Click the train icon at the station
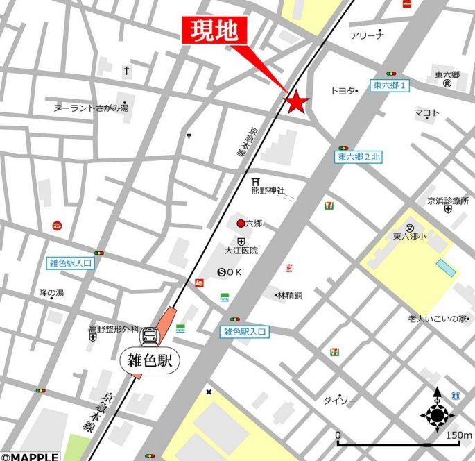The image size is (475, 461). coord(149,337)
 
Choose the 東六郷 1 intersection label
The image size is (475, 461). coord(391,85)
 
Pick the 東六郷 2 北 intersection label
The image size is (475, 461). coord(359,157)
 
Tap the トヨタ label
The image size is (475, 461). coord(343,91)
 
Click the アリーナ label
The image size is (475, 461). coord(367,35)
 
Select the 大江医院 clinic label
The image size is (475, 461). coord(241,250)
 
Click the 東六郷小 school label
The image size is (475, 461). coord(410,236)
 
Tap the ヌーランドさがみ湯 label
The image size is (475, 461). coord(91,108)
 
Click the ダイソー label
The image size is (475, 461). coord(339,401)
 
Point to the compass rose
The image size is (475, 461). coord(437,415)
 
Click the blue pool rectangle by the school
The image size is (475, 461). coord(446,268)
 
